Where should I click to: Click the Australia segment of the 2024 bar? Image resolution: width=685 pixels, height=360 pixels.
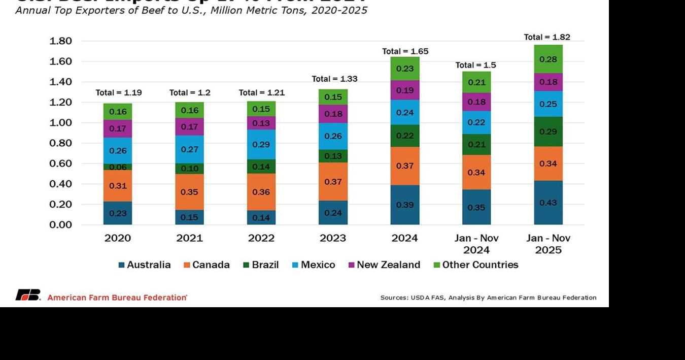click(404, 205)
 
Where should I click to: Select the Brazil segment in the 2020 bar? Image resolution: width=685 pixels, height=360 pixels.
click(118, 167)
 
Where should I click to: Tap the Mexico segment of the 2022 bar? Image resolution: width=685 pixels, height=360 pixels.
click(261, 144)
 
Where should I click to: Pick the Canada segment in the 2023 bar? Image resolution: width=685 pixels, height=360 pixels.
click(333, 181)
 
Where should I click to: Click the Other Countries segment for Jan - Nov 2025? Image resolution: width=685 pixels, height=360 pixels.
click(548, 59)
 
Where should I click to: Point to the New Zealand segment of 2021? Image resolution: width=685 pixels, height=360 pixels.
click(189, 126)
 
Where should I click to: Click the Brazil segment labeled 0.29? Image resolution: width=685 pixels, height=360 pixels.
click(548, 132)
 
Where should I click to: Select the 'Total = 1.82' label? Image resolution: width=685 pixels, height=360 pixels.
click(547, 37)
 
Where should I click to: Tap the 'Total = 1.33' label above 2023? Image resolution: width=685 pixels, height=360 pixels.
click(334, 79)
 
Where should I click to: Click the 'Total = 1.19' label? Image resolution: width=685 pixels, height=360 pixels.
click(119, 92)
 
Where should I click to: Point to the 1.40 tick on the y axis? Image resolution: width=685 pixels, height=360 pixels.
click(60, 82)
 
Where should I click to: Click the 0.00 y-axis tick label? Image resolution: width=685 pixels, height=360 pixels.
click(60, 225)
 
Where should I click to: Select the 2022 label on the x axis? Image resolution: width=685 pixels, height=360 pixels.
click(261, 238)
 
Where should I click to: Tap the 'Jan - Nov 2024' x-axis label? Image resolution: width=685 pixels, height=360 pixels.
click(476, 244)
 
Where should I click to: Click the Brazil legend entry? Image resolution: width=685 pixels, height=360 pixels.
click(261, 265)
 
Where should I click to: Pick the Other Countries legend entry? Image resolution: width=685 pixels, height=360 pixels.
click(475, 265)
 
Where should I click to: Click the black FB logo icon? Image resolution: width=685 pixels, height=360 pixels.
click(27, 295)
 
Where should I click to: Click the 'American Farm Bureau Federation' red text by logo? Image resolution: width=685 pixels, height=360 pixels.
click(117, 298)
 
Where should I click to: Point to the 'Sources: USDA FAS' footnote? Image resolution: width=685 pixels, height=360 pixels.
click(488, 298)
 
